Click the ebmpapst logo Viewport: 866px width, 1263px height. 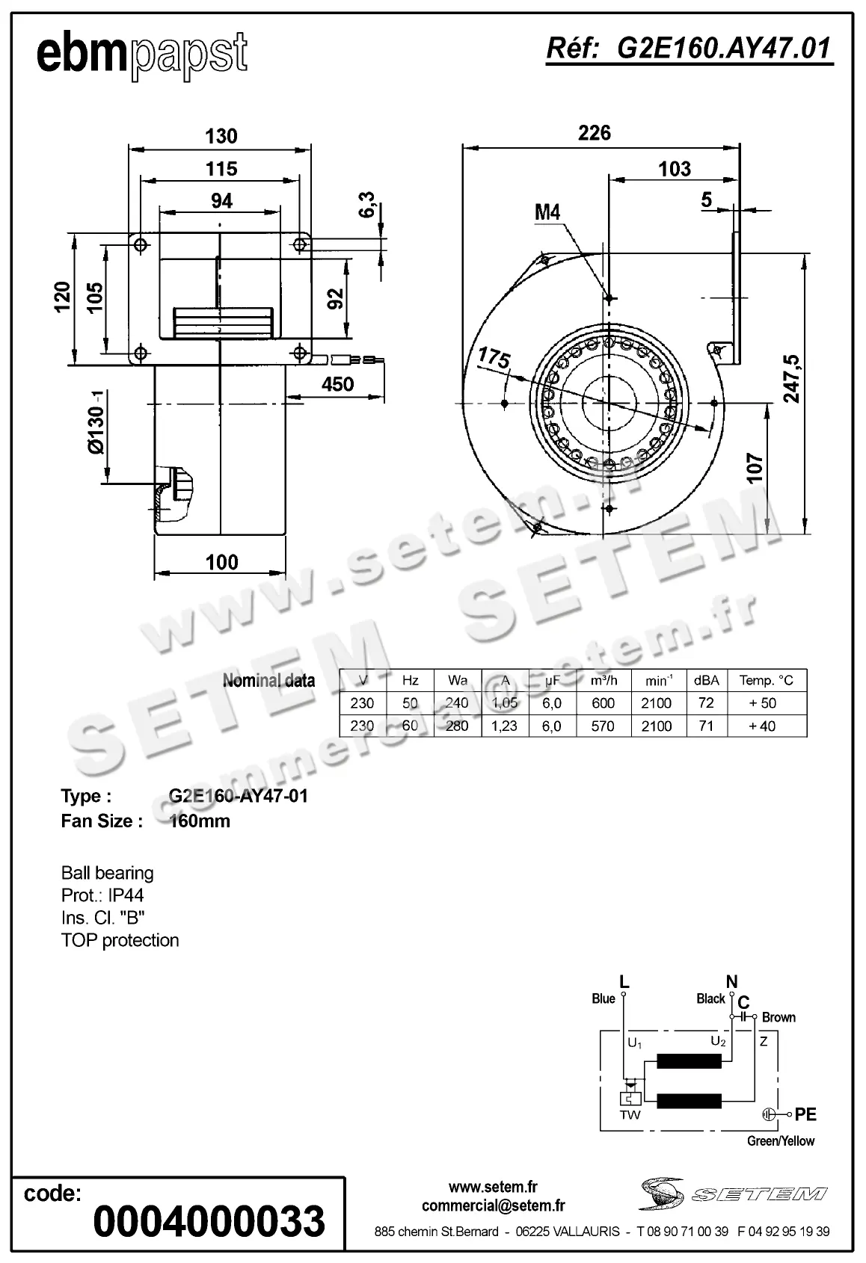pyautogui.click(x=142, y=54)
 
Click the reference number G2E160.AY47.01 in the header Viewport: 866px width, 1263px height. pyautogui.click(x=689, y=48)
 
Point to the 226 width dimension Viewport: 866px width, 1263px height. pyautogui.click(x=595, y=133)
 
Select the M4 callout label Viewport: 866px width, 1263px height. pyautogui.click(x=547, y=212)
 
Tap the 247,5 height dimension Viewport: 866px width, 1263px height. pyautogui.click(x=791, y=380)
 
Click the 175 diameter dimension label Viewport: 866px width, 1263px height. pyautogui.click(x=494, y=358)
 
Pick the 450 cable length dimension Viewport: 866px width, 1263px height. pyautogui.click(x=337, y=384)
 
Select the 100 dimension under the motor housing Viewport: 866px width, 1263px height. pyautogui.click(x=221, y=562)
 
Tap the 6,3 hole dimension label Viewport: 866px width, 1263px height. pyautogui.click(x=367, y=205)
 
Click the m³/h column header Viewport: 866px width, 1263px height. pyautogui.click(x=603, y=680)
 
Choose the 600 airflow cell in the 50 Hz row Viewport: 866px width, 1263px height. pyautogui.click(x=603, y=703)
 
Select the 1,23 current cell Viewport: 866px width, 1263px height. pyautogui.click(x=505, y=726)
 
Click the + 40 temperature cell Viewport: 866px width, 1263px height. pyautogui.click(x=767, y=726)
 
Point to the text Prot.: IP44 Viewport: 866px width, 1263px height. pyautogui.click(x=102, y=895)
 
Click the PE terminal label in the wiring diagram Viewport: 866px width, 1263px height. pyautogui.click(x=805, y=1114)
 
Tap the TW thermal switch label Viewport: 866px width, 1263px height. pyautogui.click(x=630, y=1115)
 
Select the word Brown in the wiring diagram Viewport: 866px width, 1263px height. pyautogui.click(x=779, y=1017)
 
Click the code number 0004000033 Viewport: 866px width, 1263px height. pyautogui.click(x=209, y=1221)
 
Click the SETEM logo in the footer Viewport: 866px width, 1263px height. pyautogui.click(x=733, y=1193)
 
